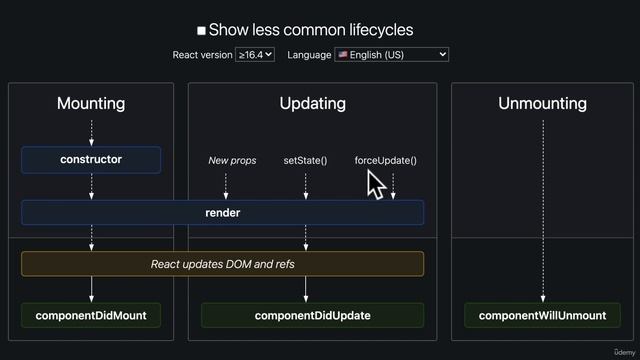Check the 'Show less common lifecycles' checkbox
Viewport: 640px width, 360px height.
[x=202, y=31]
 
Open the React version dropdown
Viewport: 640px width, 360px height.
[x=255, y=55]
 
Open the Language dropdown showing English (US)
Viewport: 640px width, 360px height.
[x=392, y=55]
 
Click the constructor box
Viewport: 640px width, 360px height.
[x=91, y=160]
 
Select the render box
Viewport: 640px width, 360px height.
[x=222, y=212]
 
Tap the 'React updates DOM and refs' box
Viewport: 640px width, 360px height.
[x=222, y=264]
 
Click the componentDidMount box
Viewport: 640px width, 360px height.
[x=91, y=316]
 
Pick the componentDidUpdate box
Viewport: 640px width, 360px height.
[x=312, y=316]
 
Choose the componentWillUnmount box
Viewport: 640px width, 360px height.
[x=542, y=316]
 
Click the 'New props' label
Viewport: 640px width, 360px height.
[x=232, y=160]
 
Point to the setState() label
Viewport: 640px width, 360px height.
[x=305, y=160]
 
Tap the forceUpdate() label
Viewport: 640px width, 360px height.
[x=385, y=160]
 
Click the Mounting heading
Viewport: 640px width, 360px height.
[x=91, y=104]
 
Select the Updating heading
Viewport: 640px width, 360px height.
[x=312, y=104]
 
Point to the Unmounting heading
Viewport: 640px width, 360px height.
[x=542, y=104]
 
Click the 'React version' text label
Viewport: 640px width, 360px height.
[x=202, y=55]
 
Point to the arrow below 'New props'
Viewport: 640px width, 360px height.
[x=226, y=185]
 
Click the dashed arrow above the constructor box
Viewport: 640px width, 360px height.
[x=91, y=132]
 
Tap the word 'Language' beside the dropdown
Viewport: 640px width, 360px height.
[x=309, y=55]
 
